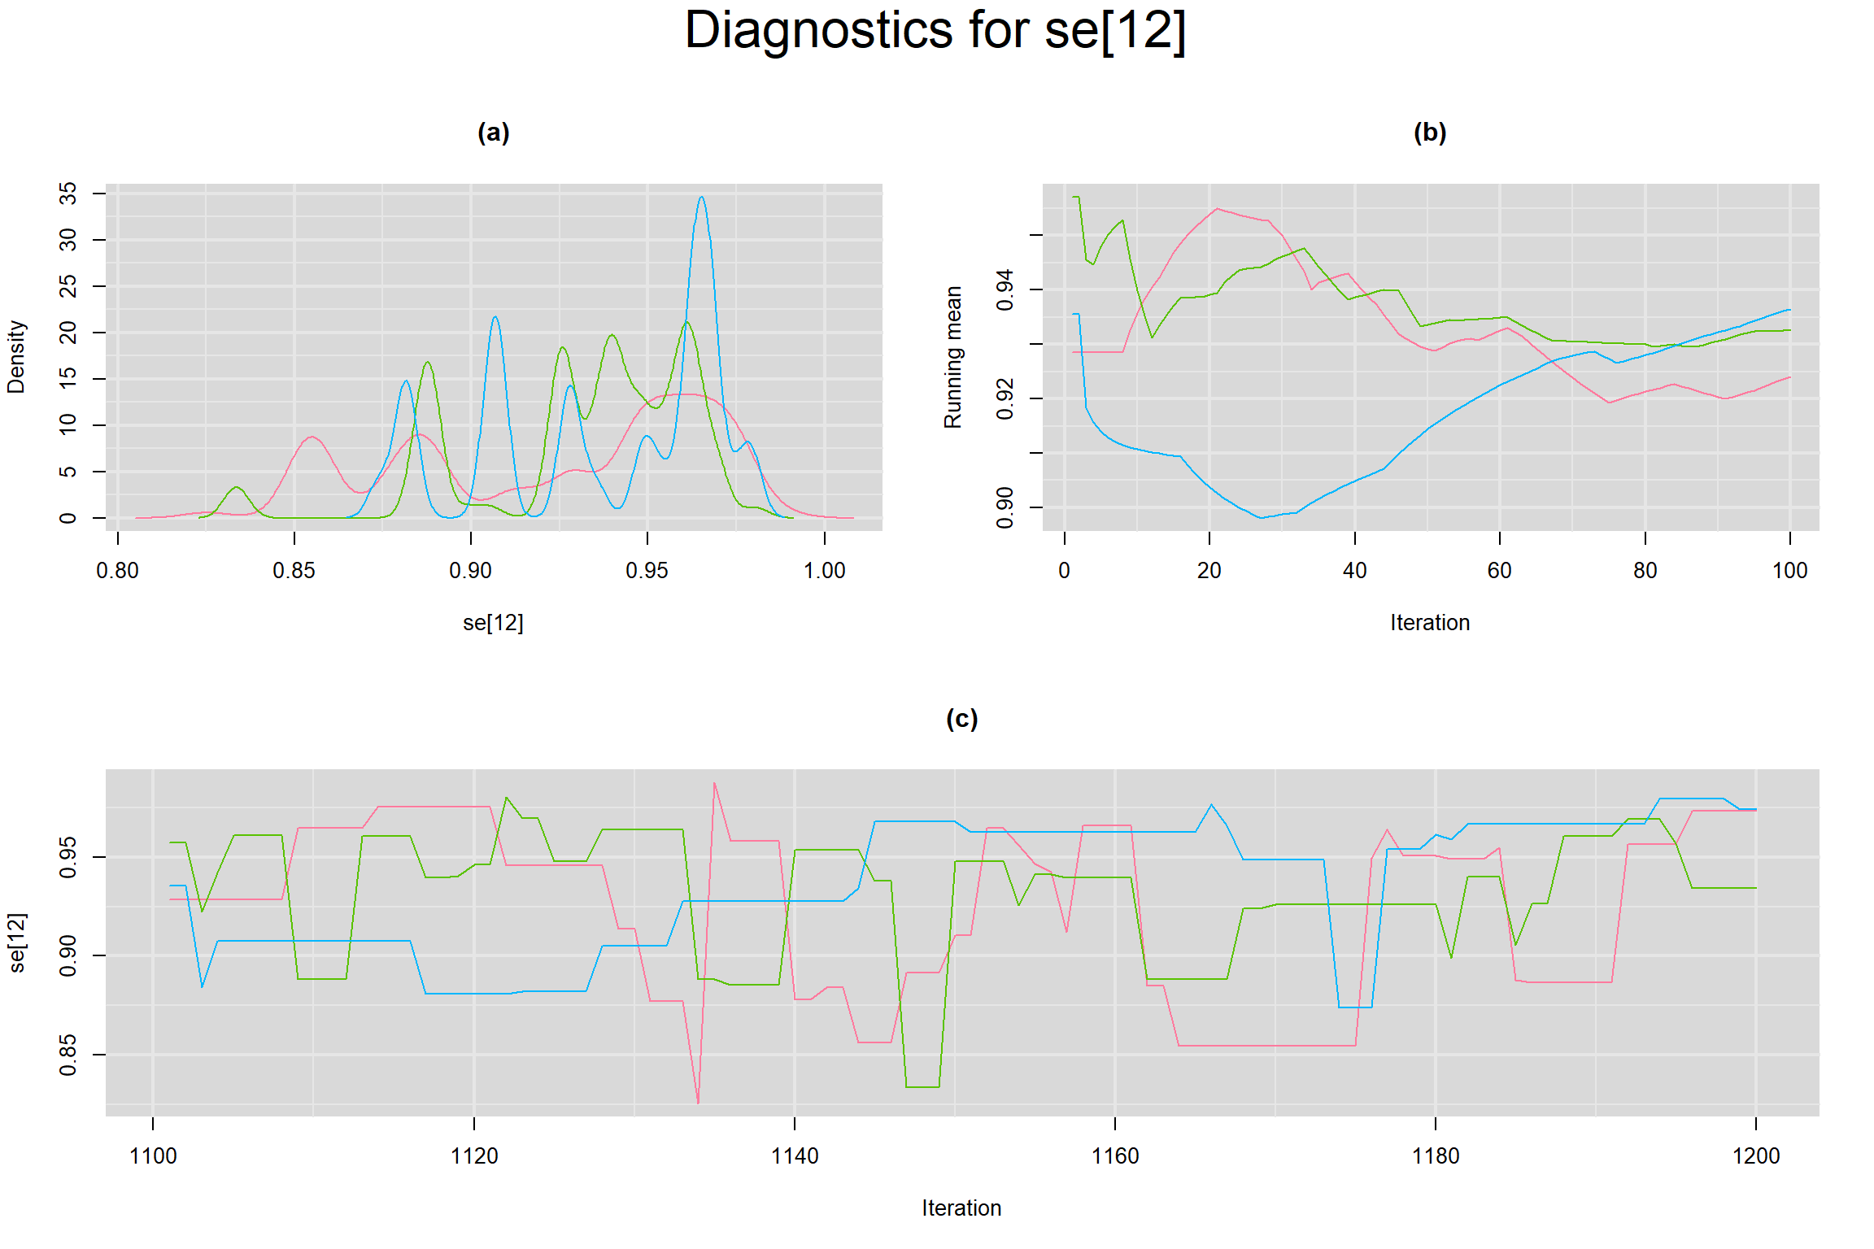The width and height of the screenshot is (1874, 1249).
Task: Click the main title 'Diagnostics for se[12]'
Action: [935, 31]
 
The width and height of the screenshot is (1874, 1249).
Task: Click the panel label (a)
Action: [493, 132]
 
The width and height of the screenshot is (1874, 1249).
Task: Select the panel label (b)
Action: [1430, 132]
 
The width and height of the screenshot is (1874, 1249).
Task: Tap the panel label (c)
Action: [961, 718]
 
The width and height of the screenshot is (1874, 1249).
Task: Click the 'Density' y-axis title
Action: [16, 356]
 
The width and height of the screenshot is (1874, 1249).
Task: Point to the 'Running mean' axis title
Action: [952, 356]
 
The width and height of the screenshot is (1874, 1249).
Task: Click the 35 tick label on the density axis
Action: [68, 194]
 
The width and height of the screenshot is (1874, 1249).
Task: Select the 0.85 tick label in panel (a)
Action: [294, 571]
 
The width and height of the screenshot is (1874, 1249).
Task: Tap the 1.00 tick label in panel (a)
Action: [824, 571]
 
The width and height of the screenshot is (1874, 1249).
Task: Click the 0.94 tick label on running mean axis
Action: [1005, 289]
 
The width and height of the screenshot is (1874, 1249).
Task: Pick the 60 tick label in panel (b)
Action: [1499, 571]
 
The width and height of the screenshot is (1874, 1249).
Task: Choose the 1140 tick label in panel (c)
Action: [794, 1155]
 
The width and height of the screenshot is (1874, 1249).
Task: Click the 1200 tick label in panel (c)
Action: [1755, 1155]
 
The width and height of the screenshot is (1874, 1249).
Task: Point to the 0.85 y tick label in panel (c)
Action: [68, 1054]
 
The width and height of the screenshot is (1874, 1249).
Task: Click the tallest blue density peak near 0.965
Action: [701, 198]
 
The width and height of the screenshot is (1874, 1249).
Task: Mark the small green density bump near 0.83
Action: [236, 487]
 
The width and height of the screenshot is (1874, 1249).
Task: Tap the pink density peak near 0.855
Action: [312, 437]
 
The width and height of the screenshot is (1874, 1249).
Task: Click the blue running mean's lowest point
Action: [1261, 517]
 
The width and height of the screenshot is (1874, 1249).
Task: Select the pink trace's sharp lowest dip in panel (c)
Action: [698, 1102]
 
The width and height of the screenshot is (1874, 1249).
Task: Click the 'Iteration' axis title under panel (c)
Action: [961, 1208]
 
